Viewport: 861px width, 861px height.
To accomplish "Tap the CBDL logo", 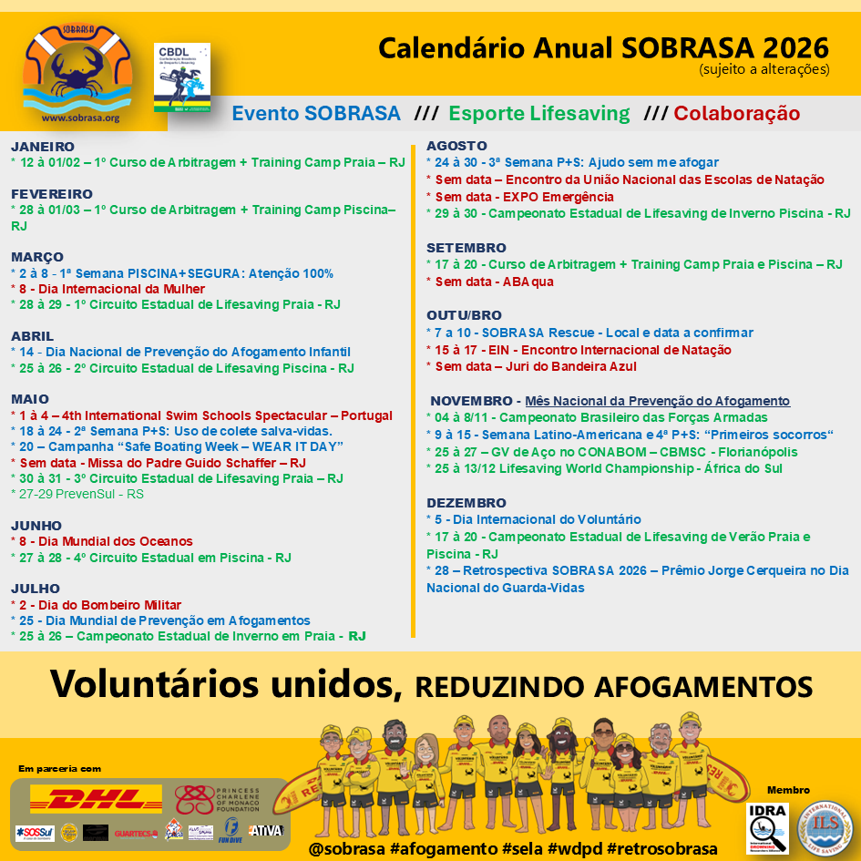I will click(x=182, y=78).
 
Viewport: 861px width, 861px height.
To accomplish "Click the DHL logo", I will click(x=96, y=799).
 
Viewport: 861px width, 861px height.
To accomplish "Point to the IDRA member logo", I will click(x=767, y=827).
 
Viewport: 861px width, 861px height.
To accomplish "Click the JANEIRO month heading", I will click(x=43, y=146).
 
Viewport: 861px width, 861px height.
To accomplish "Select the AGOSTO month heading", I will click(x=456, y=146).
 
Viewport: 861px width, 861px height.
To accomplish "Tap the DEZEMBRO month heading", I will click(x=466, y=503).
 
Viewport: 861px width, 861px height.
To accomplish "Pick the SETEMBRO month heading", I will click(x=466, y=248).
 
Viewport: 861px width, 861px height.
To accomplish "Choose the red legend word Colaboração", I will click(x=736, y=114).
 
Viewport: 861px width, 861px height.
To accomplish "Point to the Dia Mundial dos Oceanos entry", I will click(x=105, y=541).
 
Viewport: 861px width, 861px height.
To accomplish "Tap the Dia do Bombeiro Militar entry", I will click(x=99, y=605).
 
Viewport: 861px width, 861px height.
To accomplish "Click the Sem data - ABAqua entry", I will click(x=493, y=282).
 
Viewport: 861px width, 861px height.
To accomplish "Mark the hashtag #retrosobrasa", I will click(x=661, y=848).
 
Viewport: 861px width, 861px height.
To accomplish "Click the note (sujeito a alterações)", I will click(x=764, y=68).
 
